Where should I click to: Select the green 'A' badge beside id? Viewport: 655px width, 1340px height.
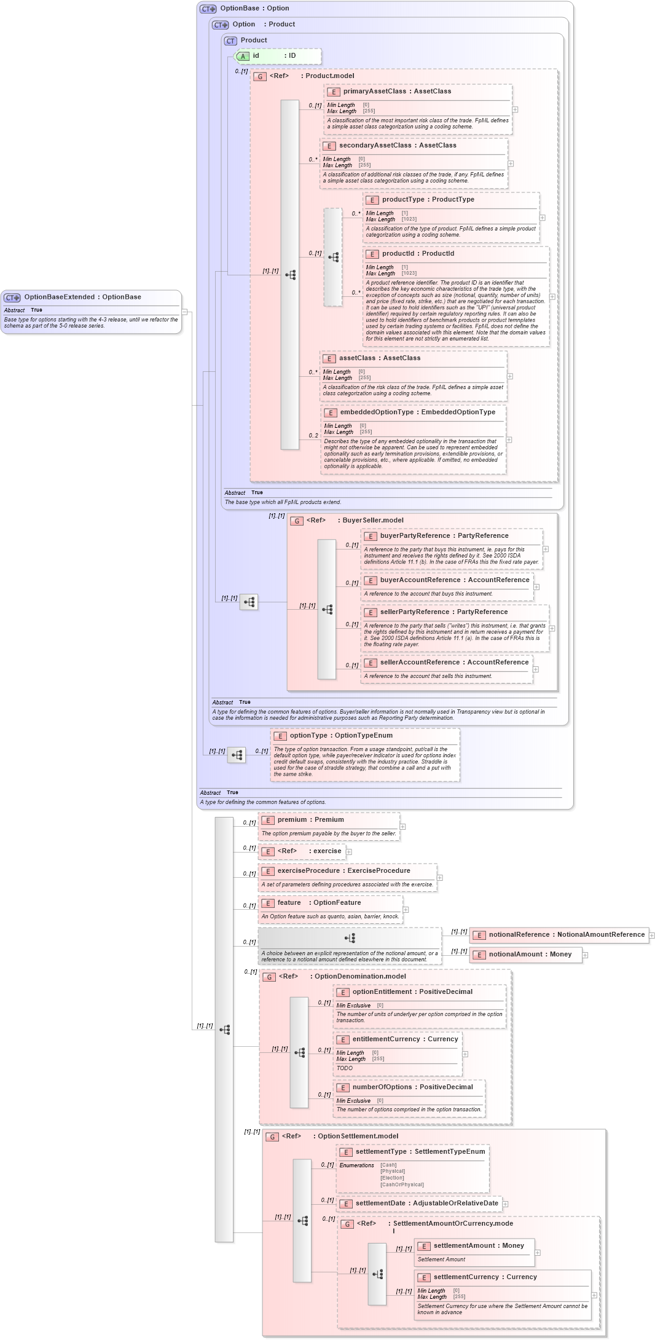pyautogui.click(x=243, y=57)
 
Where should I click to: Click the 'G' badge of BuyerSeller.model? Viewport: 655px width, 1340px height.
pyautogui.click(x=297, y=521)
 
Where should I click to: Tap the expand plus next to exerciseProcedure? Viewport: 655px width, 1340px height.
pyautogui.click(x=439, y=878)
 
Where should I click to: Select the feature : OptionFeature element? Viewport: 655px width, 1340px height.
pyautogui.click(x=319, y=902)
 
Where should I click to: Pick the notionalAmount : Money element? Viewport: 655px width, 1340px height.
pyautogui.click(x=530, y=954)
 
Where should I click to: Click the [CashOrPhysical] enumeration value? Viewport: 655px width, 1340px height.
pyautogui.click(x=402, y=1184)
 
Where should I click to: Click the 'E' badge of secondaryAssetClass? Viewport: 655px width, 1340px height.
pyautogui.click(x=329, y=146)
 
